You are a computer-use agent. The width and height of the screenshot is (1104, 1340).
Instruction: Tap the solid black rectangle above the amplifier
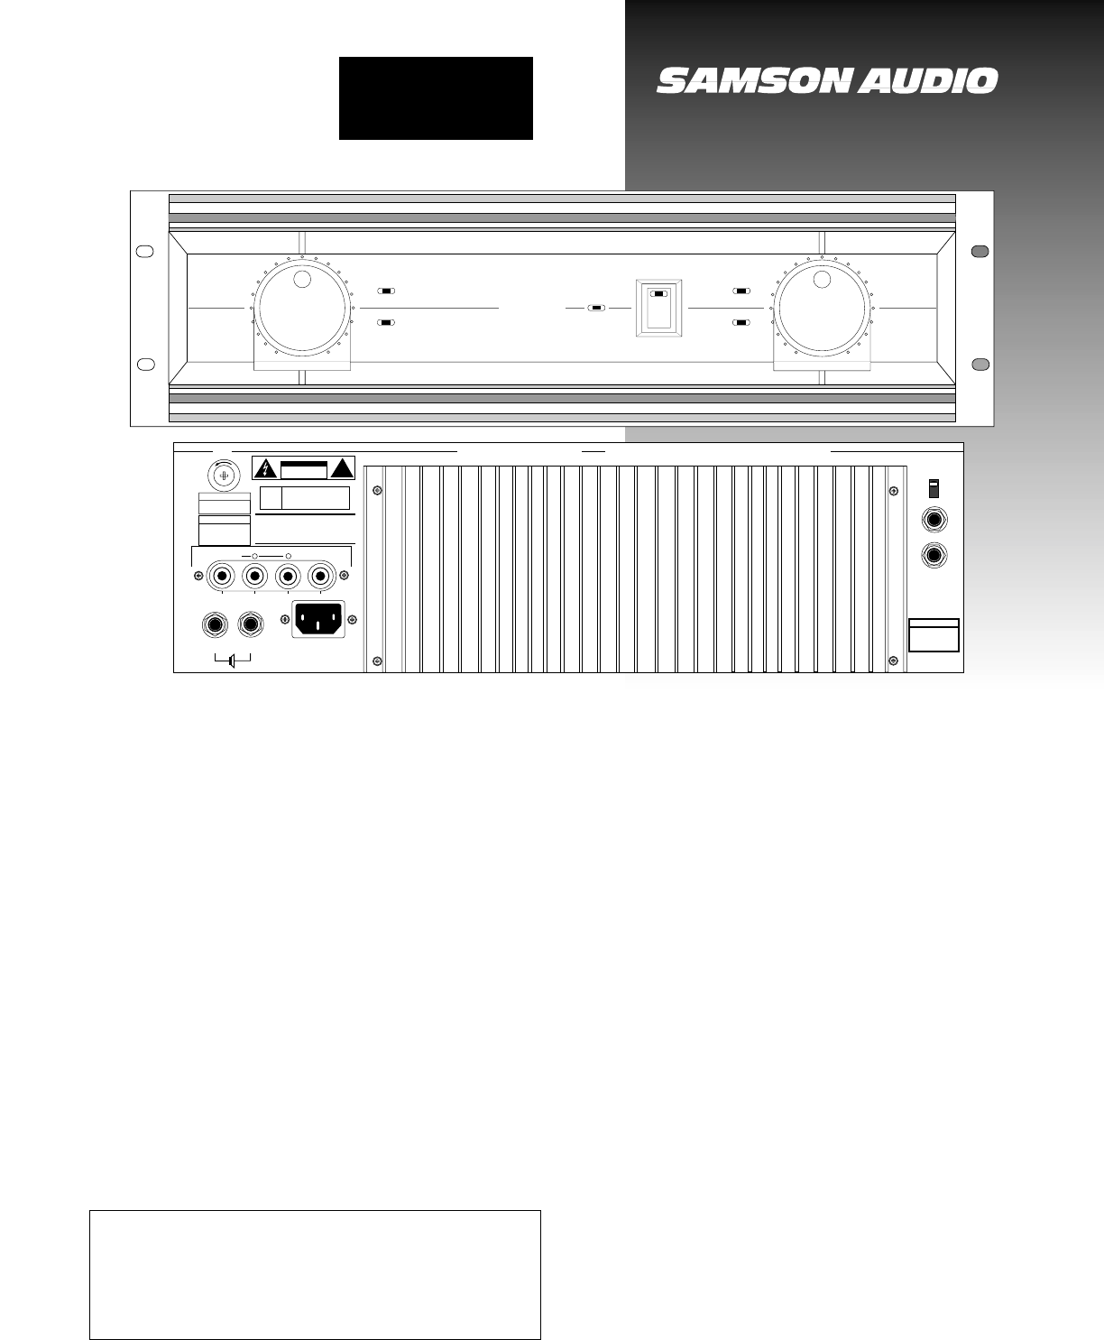pyautogui.click(x=436, y=98)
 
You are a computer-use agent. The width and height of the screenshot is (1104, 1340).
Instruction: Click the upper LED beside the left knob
pyautogui.click(x=387, y=291)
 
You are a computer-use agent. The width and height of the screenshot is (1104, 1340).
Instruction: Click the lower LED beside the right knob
pyautogui.click(x=741, y=322)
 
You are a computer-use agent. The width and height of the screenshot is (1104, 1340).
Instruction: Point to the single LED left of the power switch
pyautogui.click(x=595, y=308)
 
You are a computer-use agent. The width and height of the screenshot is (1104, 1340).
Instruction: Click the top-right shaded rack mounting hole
pyautogui.click(x=980, y=251)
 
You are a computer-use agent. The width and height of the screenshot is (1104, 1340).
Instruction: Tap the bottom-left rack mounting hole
pyautogui.click(x=143, y=364)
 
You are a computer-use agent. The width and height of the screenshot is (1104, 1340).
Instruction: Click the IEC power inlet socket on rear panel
pyautogui.click(x=318, y=620)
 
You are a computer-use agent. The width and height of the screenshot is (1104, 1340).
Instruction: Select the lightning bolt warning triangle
pyautogui.click(x=265, y=468)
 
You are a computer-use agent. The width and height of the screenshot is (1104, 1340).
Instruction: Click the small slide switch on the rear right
pyautogui.click(x=934, y=488)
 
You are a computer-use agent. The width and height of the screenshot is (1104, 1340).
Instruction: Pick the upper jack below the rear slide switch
pyautogui.click(x=934, y=522)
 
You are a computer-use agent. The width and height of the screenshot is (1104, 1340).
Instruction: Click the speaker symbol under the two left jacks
pyautogui.click(x=232, y=661)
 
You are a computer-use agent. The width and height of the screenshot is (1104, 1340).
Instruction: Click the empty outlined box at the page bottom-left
pyautogui.click(x=315, y=1275)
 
